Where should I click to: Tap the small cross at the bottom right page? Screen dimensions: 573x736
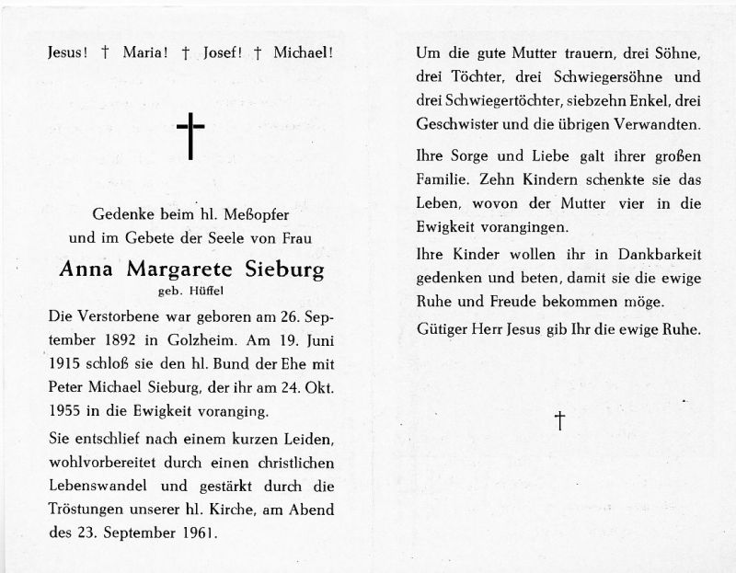(x=558, y=421)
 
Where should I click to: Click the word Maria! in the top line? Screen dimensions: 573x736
(x=133, y=54)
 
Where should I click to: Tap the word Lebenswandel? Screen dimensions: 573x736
(x=92, y=487)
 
